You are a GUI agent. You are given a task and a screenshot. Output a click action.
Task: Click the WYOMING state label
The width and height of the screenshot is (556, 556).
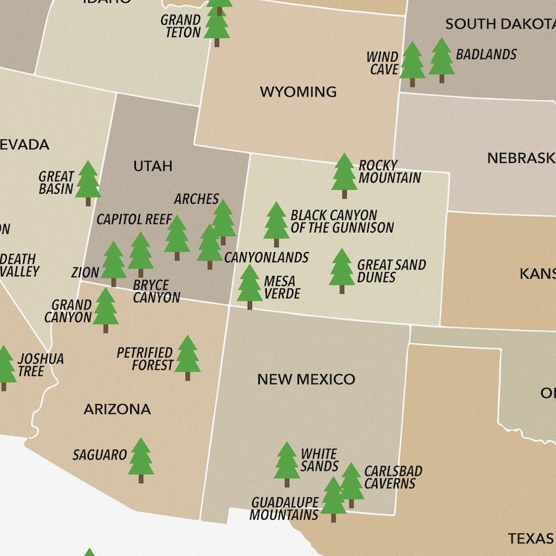298,92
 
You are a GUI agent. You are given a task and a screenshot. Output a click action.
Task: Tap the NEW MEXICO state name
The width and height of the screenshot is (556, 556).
306,380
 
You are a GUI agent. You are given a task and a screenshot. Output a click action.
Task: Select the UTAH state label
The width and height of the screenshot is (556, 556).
153,166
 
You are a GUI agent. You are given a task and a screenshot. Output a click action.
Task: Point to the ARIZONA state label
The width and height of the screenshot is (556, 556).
117,409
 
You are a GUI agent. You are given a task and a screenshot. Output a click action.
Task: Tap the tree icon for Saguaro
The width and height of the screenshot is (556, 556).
141,459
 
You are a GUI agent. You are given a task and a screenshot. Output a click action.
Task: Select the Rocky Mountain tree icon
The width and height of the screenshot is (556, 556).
344,175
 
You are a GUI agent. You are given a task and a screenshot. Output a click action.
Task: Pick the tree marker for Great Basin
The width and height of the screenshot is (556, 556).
88,182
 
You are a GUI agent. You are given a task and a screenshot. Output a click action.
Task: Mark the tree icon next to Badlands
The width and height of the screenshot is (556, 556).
441,60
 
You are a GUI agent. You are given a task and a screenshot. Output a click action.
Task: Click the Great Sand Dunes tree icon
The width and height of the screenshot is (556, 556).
342,270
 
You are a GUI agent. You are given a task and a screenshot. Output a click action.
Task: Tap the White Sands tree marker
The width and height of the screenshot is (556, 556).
286,464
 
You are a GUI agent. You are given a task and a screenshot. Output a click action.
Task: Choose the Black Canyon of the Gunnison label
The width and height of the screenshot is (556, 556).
342,221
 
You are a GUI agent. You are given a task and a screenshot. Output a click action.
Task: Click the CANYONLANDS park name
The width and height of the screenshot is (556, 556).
266,258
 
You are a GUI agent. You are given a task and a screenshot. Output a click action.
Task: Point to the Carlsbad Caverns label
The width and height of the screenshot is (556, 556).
393,478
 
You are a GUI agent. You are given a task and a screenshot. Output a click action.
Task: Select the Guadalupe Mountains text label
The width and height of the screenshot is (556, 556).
285,508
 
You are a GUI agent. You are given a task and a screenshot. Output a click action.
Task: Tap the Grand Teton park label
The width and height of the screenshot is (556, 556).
181,26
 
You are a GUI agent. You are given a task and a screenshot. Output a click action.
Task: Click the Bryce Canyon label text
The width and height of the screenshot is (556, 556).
156,291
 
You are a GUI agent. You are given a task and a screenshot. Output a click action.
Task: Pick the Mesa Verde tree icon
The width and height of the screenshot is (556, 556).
249,286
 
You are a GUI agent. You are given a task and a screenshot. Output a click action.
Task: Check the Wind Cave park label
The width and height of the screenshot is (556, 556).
382,63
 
